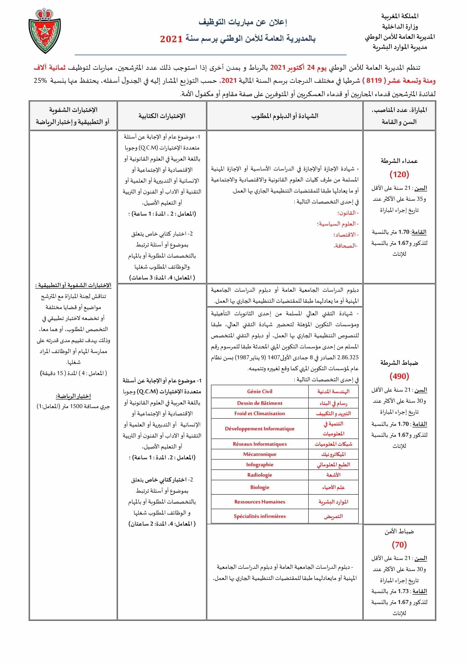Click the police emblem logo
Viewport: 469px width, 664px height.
tap(45, 31)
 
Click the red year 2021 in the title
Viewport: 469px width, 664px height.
tap(171, 39)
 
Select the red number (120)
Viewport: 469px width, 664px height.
tap(399, 174)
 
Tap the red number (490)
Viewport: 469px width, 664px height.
tap(399, 376)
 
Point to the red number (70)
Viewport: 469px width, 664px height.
tap(399, 545)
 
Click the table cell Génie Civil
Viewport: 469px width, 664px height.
tap(260, 391)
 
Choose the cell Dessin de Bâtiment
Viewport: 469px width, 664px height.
tap(260, 403)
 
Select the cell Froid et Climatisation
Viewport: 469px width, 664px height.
tap(260, 414)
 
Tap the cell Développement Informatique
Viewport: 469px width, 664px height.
tap(260, 429)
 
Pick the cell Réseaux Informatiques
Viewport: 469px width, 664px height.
tap(260, 444)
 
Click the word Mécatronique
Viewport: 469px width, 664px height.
tap(260, 454)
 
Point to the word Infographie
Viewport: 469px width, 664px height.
tap(260, 465)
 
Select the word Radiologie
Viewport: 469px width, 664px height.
tap(260, 475)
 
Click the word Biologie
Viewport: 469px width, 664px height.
tap(260, 487)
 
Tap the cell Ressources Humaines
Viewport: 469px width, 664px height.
tap(260, 502)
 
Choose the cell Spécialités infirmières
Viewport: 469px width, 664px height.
tap(260, 516)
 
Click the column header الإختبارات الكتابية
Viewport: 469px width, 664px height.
tap(162, 116)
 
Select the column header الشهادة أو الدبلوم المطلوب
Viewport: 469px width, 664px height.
tap(285, 116)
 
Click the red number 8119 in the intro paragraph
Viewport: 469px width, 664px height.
tap(374, 81)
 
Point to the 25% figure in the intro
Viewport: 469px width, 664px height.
tap(40, 81)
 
